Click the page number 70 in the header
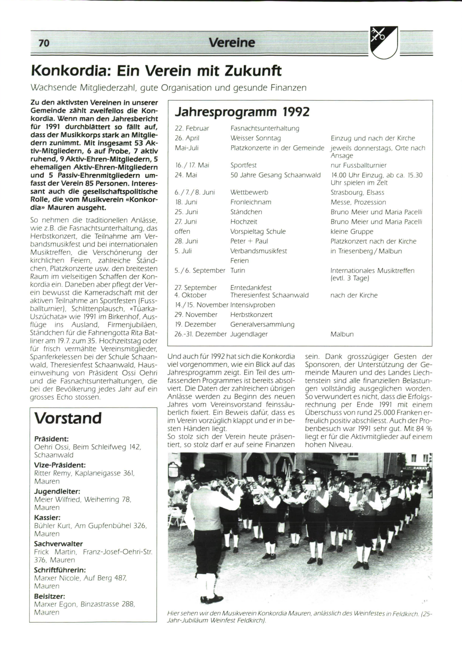tap(44, 43)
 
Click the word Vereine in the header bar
tap(232, 43)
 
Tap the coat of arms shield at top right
tap(383, 42)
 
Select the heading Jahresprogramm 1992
tap(242, 112)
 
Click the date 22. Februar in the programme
tap(192, 128)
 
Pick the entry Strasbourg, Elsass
tap(357, 192)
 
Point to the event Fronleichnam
tap(251, 202)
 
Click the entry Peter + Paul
tap(249, 241)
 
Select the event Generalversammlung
tap(262, 324)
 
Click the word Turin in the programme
tap(238, 270)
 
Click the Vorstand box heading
tap(68, 418)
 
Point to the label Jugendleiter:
tap(57, 492)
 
